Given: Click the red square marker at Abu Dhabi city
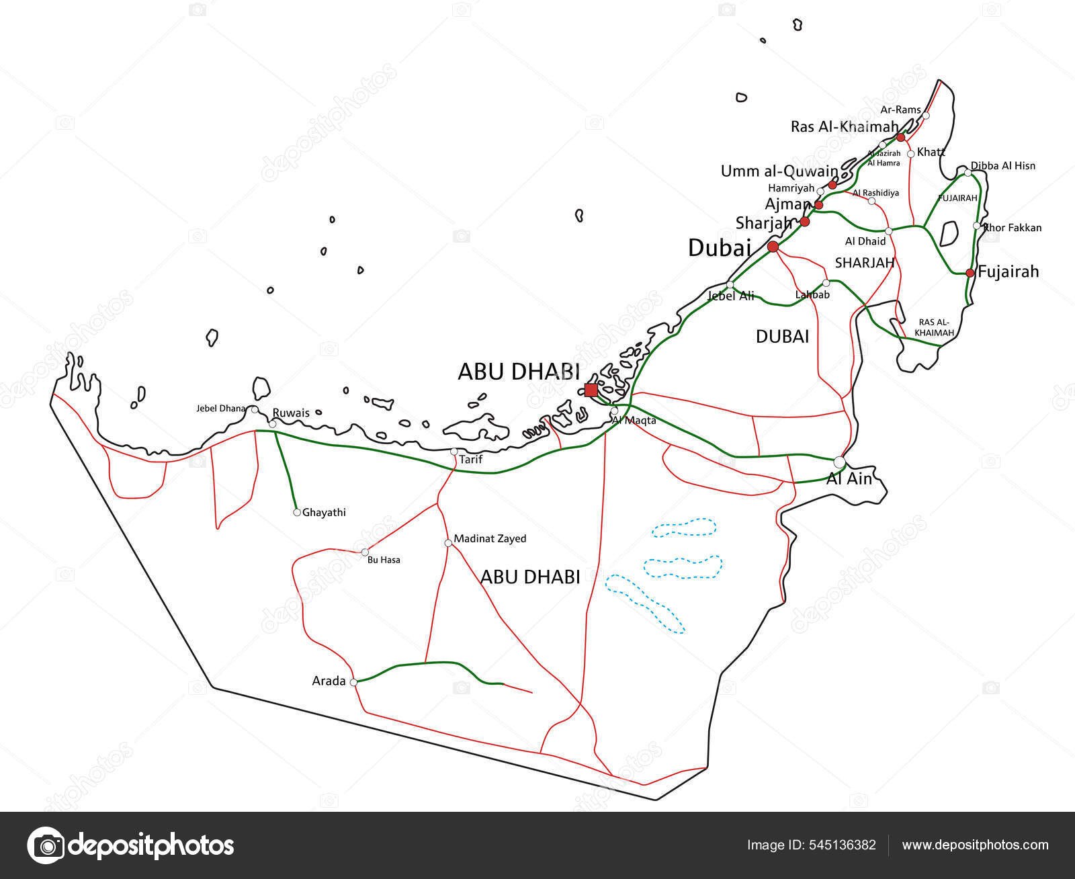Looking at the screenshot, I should tap(591, 390).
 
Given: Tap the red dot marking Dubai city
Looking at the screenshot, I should tap(773, 247).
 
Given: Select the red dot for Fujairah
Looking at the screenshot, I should tap(970, 273).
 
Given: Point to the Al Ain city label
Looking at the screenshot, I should tap(849, 478).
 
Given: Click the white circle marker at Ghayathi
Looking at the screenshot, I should tap(297, 512).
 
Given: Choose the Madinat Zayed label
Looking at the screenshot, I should tap(490, 538).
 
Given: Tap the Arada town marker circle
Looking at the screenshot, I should tap(353, 682).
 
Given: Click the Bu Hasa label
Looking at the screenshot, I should tap(384, 560).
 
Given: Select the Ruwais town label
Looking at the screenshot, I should tap(291, 413).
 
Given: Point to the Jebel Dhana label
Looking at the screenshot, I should tap(221, 408).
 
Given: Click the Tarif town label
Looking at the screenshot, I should tap(471, 460).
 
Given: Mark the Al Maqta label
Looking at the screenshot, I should tap(634, 421).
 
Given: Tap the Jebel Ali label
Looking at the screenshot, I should tap(731, 296).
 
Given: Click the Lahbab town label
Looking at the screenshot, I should tap(812, 294).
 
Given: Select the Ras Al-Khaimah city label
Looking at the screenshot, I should tap(844, 126).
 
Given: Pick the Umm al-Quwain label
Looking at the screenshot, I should tap(779, 171).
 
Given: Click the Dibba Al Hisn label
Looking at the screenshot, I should tap(1002, 165).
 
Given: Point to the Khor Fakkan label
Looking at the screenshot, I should tap(1012, 227).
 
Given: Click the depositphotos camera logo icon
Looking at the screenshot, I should tap(46, 845).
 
